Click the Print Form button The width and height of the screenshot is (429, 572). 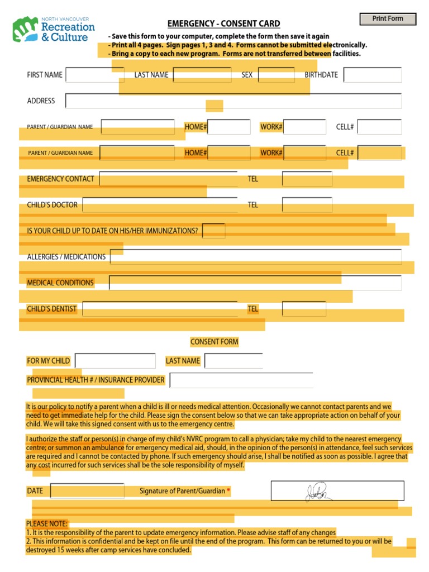point(388,19)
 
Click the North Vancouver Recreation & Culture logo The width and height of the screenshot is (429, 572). point(54,30)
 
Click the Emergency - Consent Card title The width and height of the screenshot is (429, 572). point(224,23)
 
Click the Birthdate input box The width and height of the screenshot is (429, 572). point(373,75)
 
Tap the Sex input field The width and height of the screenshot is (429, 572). point(276,75)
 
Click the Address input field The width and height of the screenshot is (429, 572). point(233,101)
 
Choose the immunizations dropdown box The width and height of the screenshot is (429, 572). point(214,231)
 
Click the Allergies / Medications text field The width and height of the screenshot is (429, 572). point(256,257)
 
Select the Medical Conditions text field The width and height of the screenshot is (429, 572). point(255,283)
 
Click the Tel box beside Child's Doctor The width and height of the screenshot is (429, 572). point(307,205)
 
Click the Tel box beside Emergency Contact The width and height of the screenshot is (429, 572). point(307,179)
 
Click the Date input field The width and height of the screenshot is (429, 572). point(87,491)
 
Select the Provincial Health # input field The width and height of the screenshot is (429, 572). point(241,380)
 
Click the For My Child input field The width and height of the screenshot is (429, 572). point(115,361)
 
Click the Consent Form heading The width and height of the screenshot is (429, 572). point(214,342)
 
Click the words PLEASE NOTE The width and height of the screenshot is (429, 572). point(46,524)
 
